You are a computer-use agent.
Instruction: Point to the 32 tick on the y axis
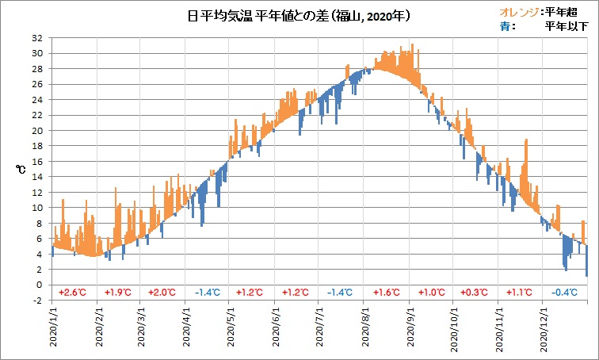click(37, 38)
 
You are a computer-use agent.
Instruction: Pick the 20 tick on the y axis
click(37, 131)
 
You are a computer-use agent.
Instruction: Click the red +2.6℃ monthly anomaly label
click(72, 293)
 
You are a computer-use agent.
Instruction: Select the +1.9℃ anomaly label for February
click(118, 293)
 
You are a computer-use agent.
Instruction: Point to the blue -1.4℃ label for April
click(208, 293)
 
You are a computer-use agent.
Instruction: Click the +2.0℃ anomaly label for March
click(162, 293)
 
